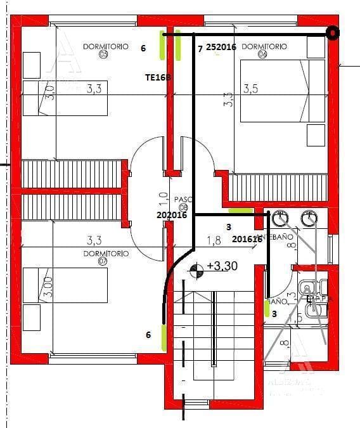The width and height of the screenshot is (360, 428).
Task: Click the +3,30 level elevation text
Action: click(222, 266)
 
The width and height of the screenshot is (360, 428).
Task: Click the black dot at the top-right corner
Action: click(331, 34)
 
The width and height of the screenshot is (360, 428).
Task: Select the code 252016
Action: click(221, 47)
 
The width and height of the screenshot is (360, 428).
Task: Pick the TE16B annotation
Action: click(158, 76)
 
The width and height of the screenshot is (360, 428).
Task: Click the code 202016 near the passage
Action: click(171, 215)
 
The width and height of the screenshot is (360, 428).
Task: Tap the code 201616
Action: click(247, 239)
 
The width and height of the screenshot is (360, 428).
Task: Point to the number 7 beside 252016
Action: click(200, 48)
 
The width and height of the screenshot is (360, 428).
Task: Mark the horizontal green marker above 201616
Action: click(240, 211)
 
